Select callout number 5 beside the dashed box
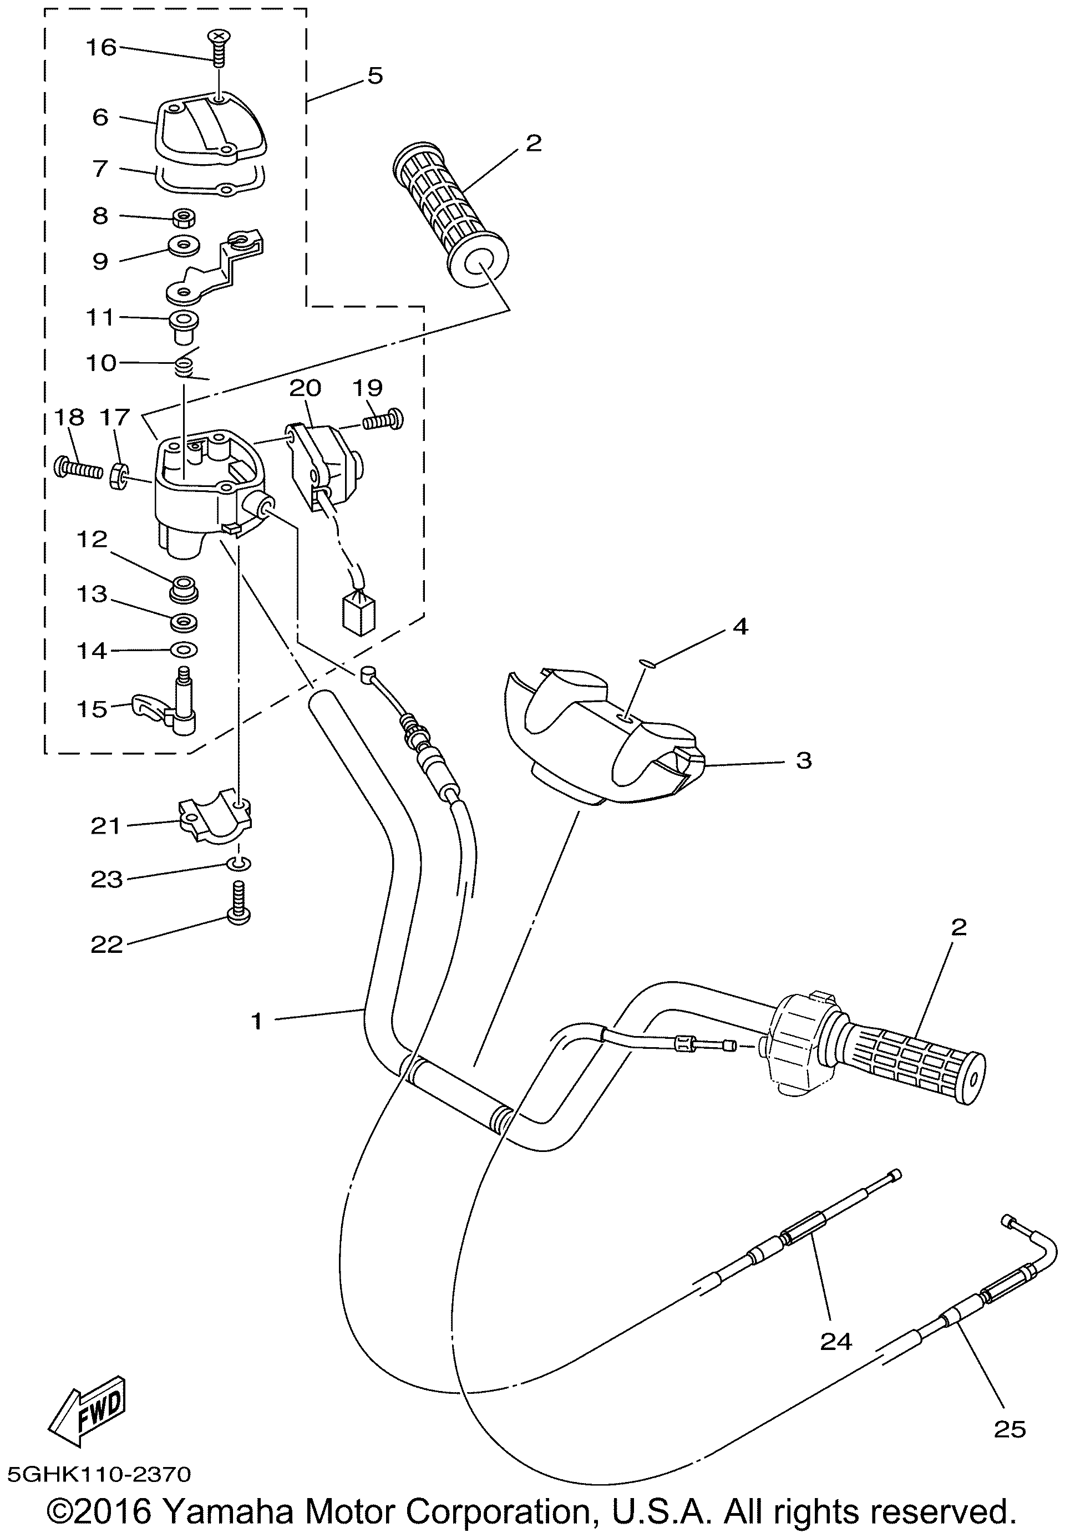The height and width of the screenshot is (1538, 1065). click(375, 76)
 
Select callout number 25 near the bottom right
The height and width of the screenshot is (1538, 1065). click(1009, 1429)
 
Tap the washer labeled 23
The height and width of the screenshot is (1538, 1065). click(240, 864)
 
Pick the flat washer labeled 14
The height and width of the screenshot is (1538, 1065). click(184, 649)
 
